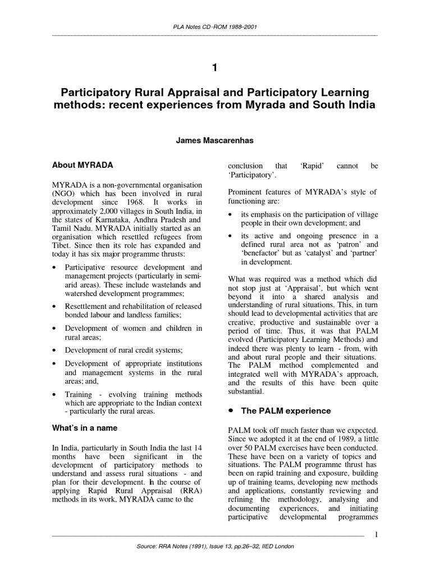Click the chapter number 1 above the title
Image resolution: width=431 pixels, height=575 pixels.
click(214, 68)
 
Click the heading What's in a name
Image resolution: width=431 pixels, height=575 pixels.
click(85, 427)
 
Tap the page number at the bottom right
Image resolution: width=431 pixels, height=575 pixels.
click(376, 534)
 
